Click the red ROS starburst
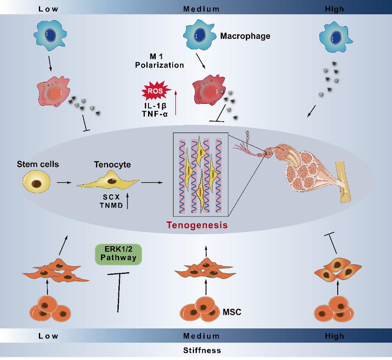tap(156, 91)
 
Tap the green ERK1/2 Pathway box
tap(118, 254)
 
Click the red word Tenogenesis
tap(197, 225)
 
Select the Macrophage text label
tap(245, 36)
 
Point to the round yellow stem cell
tap(37, 182)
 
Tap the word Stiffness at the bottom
tap(202, 350)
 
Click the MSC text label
tap(232, 312)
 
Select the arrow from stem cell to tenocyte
tap(64, 183)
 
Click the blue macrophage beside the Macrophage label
tap(200, 35)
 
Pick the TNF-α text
tap(155, 114)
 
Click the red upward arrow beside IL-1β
tap(176, 103)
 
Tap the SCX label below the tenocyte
tap(111, 197)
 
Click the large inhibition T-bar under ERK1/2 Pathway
tap(118, 292)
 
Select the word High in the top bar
tap(334, 9)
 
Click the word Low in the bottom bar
tap(48, 336)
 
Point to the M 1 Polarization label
tap(159, 61)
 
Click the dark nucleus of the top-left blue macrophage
tap(51, 35)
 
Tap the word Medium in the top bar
tap(201, 9)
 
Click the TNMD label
tap(111, 205)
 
